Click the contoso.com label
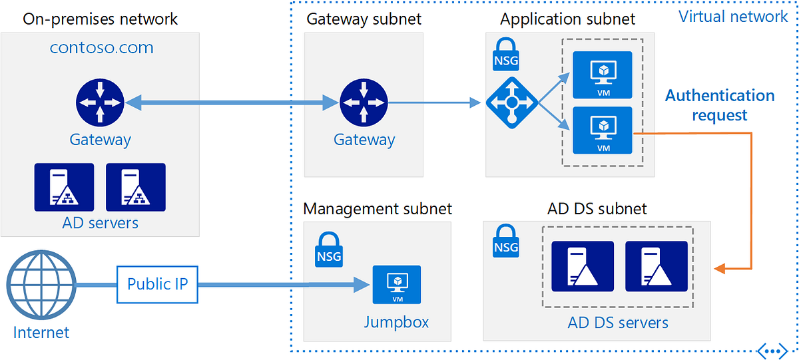tap(102, 48)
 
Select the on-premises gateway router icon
tap(100, 102)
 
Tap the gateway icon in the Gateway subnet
tap(364, 102)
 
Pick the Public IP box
tap(158, 284)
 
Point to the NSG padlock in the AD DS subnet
tap(506, 240)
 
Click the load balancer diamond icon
tap(511, 103)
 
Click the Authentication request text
tap(720, 105)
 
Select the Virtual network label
tap(733, 17)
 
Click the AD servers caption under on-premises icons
tap(100, 222)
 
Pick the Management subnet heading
tap(378, 209)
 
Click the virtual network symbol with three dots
tap(772, 349)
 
